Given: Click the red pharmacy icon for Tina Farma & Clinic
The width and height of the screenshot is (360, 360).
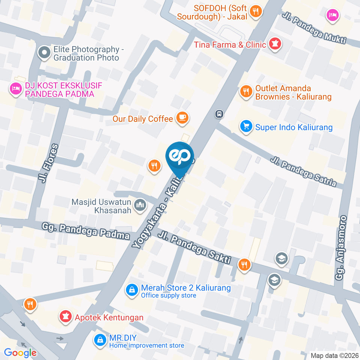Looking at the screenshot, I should coord(276,45).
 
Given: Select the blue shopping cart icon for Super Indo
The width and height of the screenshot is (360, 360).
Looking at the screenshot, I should coord(246,127).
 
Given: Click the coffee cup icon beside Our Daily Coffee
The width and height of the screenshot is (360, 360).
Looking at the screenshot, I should coord(183,118).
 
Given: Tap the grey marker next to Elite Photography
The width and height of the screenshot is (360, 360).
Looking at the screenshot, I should coord(44,52).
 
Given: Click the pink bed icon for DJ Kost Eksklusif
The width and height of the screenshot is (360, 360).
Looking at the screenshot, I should coord(15,89).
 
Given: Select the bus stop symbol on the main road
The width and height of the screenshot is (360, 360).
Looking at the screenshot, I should coord(219,113).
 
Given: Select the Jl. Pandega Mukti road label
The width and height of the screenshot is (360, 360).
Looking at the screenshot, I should coord(313,28).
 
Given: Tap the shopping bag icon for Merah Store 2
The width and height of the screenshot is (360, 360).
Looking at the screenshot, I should coord(132,290).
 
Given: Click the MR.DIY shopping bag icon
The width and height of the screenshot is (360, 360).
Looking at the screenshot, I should coord(100,340).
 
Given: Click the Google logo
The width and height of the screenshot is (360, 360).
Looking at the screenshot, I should coord(20,352).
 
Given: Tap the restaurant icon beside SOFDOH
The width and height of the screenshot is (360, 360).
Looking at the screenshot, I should coord(256,11).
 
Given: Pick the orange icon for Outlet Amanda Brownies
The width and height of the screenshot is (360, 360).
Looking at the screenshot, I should coord(246,91).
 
